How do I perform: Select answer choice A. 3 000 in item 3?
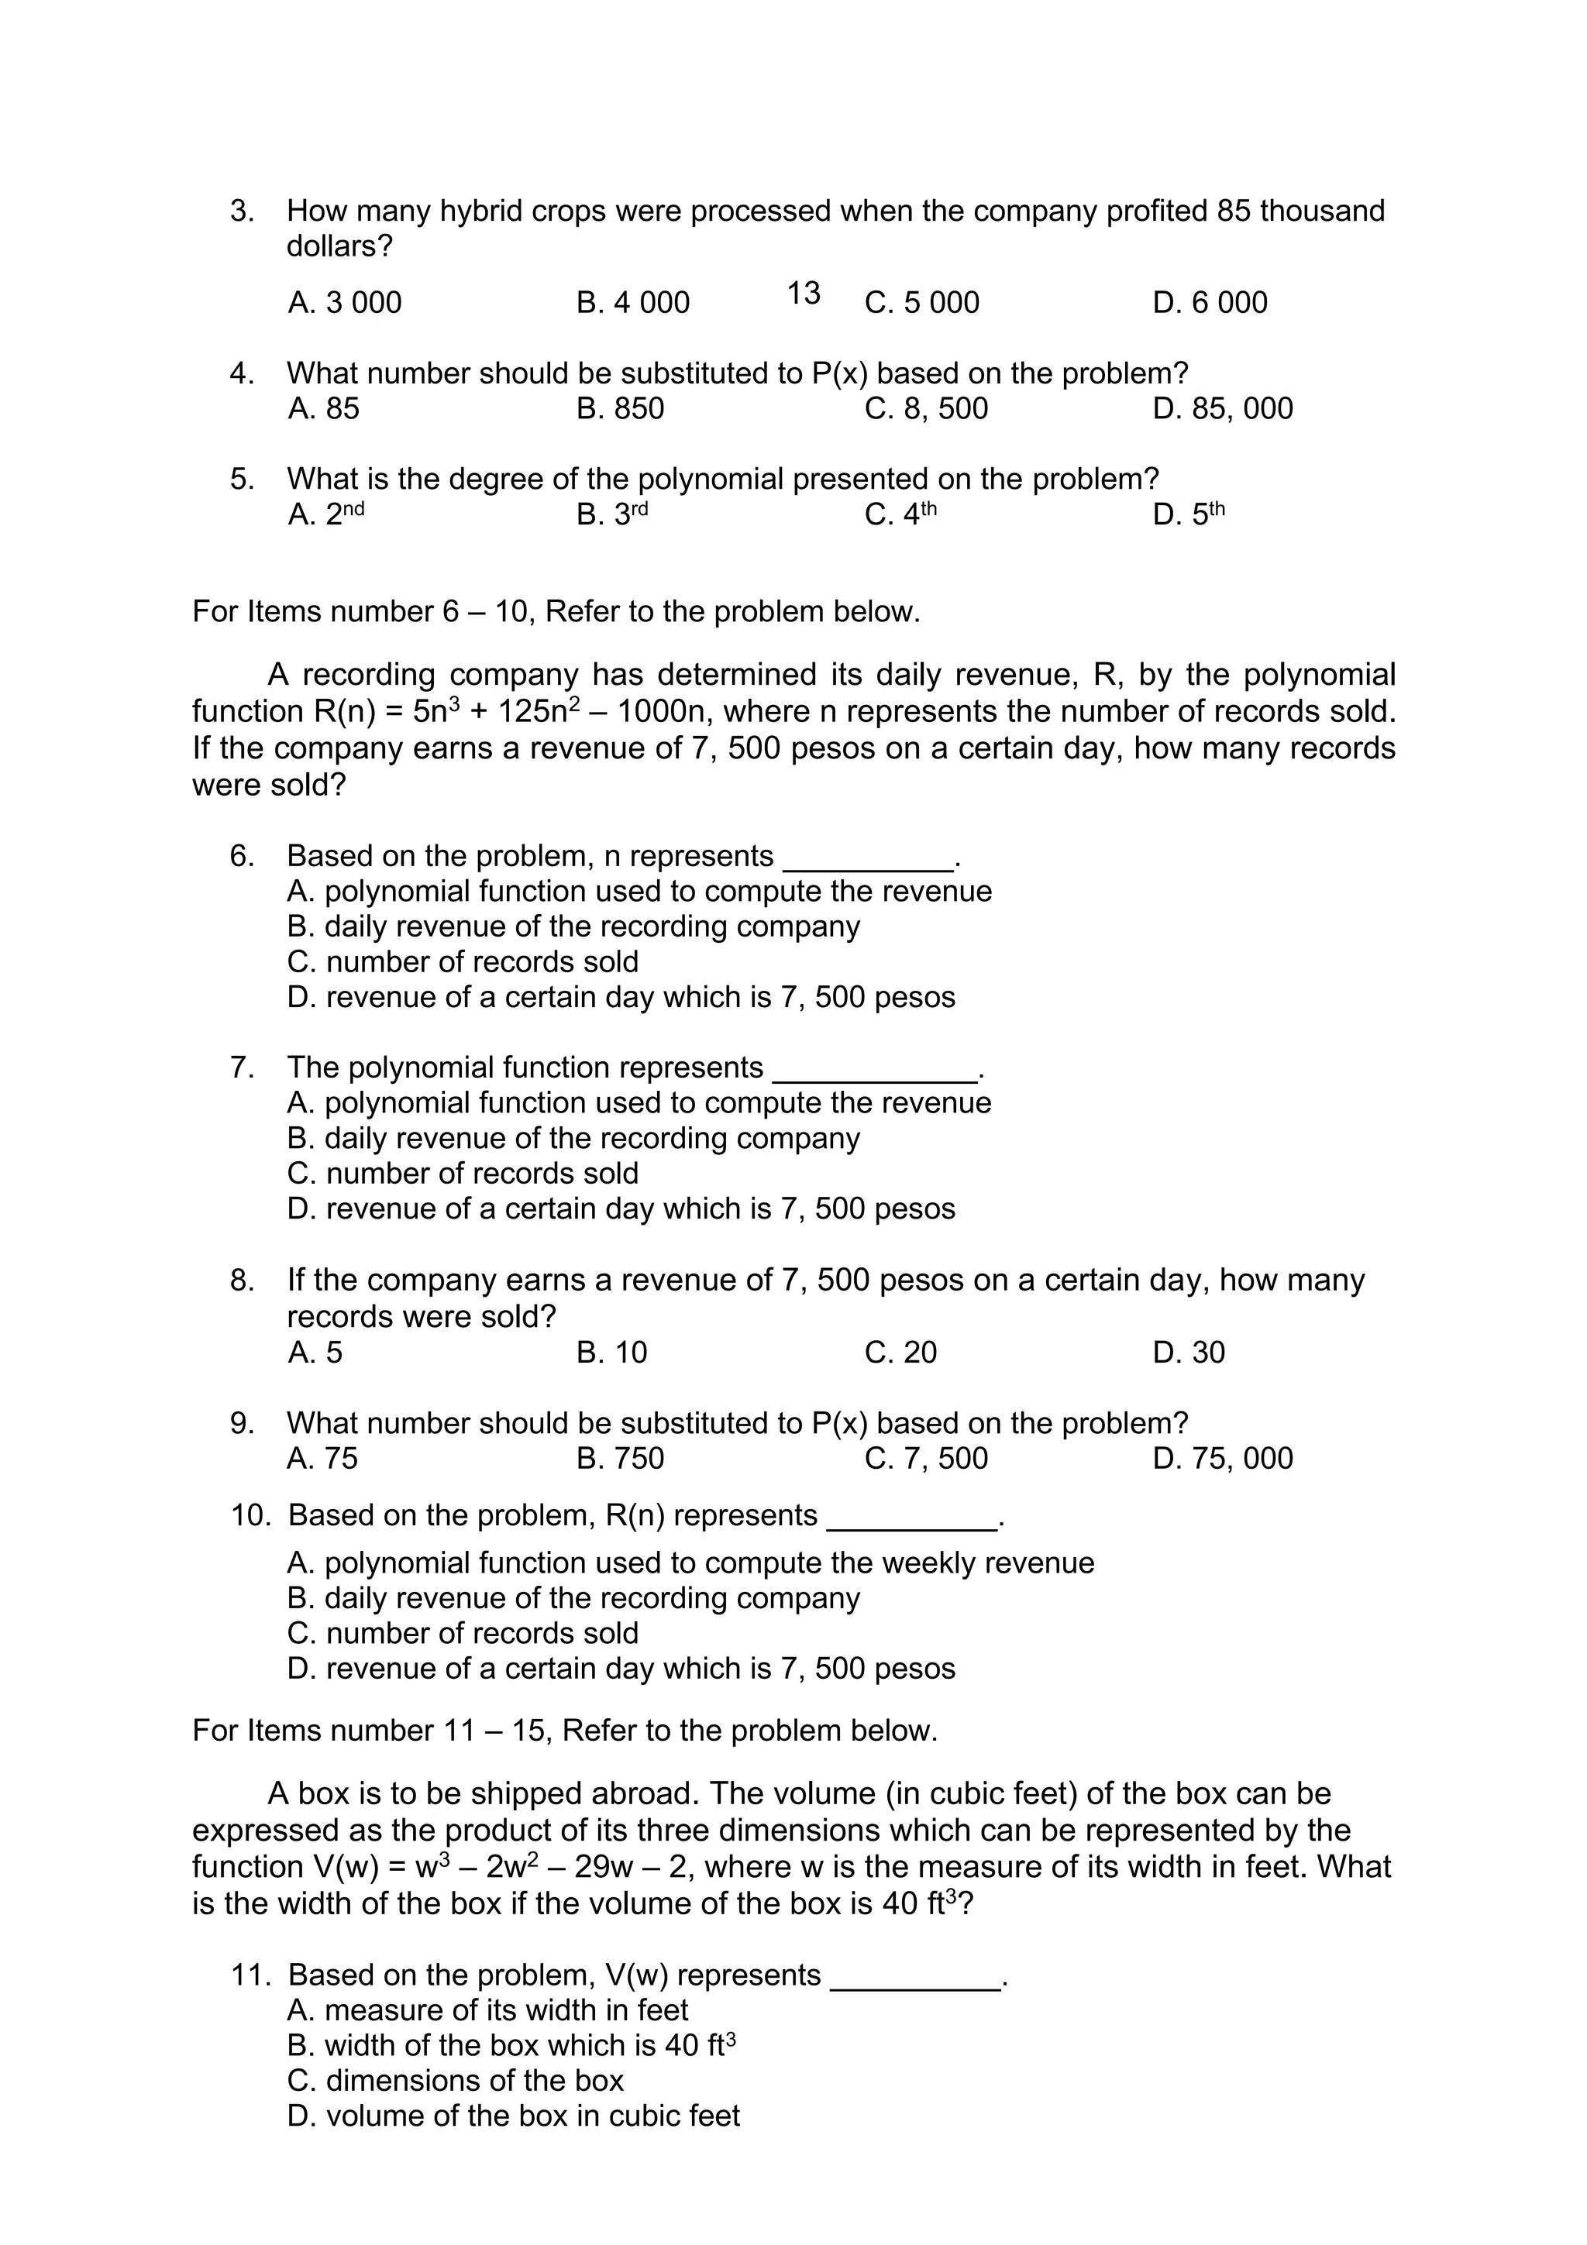tap(344, 302)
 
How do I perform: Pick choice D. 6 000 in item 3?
tap(1210, 302)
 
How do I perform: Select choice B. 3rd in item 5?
tap(612, 514)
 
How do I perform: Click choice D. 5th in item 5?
tap(1188, 514)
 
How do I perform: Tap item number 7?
tap(242, 1067)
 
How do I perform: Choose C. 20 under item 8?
tap(900, 1353)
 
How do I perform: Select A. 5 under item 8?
tap(315, 1353)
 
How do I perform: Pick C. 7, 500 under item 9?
tap(926, 1458)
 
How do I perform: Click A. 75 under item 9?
tap(322, 1458)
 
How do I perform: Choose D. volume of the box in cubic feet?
tap(513, 2115)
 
